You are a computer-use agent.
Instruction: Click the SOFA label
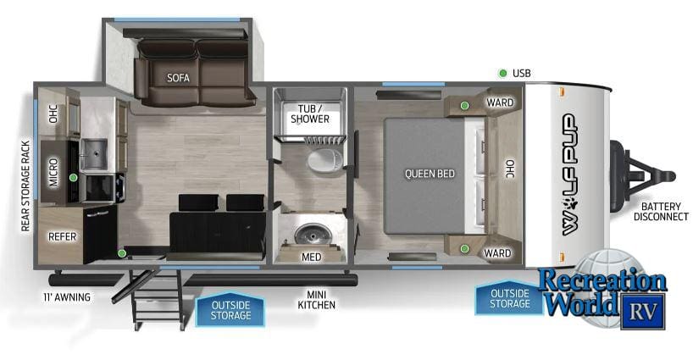click(x=178, y=77)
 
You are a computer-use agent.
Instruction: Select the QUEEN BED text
click(x=430, y=174)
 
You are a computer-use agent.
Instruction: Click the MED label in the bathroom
click(x=311, y=256)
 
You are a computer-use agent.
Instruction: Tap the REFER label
click(x=63, y=236)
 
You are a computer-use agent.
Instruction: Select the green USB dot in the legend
click(x=502, y=74)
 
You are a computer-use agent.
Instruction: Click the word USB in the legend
click(x=523, y=74)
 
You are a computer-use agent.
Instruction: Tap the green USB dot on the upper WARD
click(x=464, y=105)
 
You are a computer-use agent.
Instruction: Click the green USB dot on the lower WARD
click(x=464, y=247)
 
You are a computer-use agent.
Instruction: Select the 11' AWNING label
click(x=67, y=297)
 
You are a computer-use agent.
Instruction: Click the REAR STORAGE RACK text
click(x=25, y=186)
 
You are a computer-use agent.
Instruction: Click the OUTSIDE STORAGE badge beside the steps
click(x=230, y=310)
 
